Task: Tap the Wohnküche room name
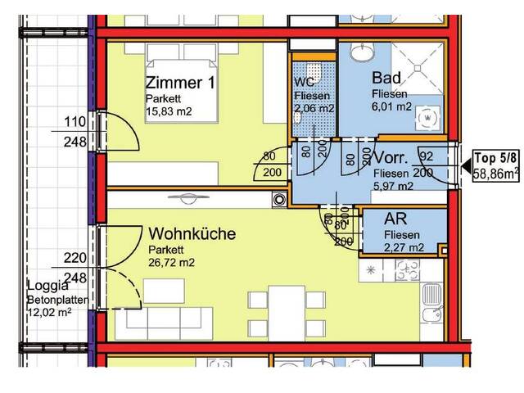point(192,234)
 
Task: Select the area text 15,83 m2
point(170,111)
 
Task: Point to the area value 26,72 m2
point(174,263)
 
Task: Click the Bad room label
point(385,79)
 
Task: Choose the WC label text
point(303,82)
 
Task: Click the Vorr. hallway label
point(396,158)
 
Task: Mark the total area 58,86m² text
point(498,173)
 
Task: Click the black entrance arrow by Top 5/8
point(464,168)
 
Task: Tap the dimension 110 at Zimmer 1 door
point(75,124)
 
